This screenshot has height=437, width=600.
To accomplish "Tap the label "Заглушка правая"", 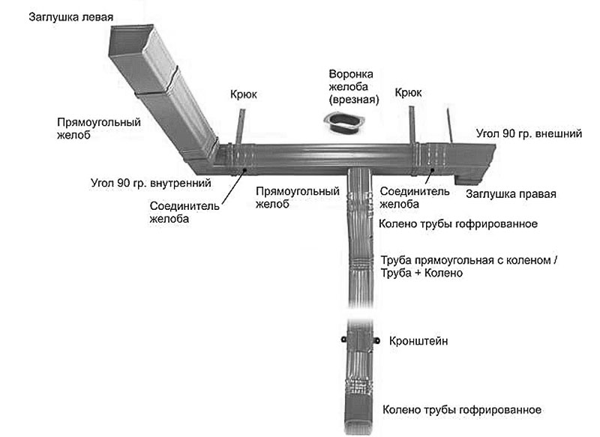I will coord(510,195).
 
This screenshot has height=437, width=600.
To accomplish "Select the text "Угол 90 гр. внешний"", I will coord(529,135).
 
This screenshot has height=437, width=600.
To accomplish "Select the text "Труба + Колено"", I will coord(421,274).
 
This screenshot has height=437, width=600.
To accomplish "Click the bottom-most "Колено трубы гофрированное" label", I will coord(461,410).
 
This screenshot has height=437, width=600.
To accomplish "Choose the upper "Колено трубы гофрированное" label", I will coord(459,223).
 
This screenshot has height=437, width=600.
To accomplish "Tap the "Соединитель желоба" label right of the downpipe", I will coord(415,196).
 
